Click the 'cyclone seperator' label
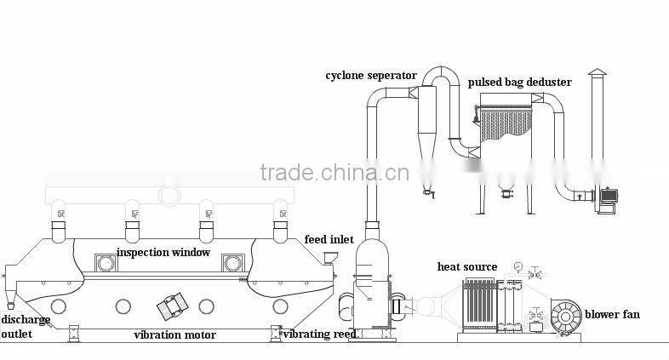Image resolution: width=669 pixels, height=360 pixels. pyautogui.click(x=371, y=76)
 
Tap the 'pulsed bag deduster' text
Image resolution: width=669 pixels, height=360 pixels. pyautogui.click(x=519, y=83)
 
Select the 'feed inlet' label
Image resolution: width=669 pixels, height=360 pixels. pyautogui.click(x=329, y=240)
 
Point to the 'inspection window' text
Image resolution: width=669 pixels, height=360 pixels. pyautogui.click(x=163, y=252)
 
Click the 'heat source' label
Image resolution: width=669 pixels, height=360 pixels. pyautogui.click(x=467, y=267)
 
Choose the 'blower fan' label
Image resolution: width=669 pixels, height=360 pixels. pyautogui.click(x=612, y=315)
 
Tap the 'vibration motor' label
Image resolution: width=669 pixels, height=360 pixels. pyautogui.click(x=174, y=334)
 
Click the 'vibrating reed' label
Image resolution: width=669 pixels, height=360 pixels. pyautogui.click(x=319, y=334)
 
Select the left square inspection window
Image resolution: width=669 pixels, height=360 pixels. pyautogui.click(x=106, y=263)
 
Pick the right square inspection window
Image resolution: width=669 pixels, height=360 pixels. pyautogui.click(x=232, y=263)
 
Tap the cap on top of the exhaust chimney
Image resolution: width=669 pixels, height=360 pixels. pyautogui.click(x=598, y=72)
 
